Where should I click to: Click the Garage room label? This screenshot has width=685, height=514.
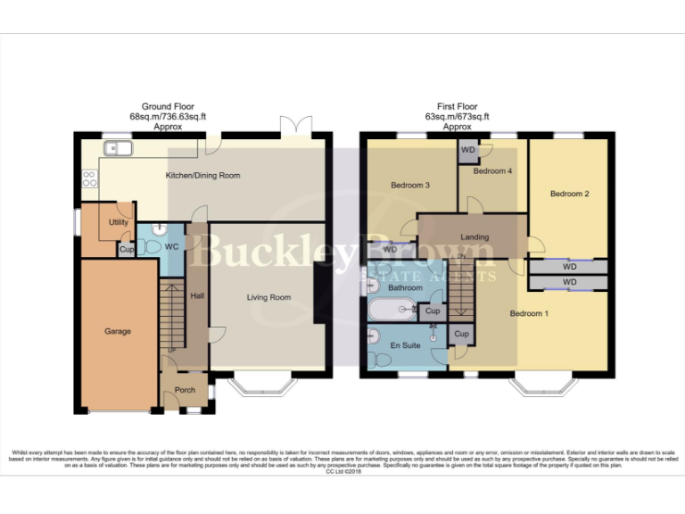click(118, 331)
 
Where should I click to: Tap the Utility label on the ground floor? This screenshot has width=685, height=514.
click(118, 221)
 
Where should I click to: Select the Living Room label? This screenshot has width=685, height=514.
click(268, 297)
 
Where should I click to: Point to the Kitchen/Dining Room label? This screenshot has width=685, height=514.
click(203, 176)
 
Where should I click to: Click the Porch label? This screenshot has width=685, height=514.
click(185, 390)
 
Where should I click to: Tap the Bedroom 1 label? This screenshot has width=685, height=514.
click(529, 313)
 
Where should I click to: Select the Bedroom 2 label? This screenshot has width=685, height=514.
click(569, 194)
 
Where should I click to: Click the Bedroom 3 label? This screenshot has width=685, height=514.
click(410, 186)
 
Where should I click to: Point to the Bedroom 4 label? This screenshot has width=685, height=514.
click(492, 170)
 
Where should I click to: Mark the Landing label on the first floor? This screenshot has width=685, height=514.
click(475, 236)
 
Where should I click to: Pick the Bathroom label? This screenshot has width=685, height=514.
click(405, 288)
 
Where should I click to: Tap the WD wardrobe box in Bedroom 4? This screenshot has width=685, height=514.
click(468, 150)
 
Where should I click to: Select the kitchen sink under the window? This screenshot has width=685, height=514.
click(115, 151)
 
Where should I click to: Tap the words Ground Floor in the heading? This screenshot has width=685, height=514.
click(168, 106)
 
